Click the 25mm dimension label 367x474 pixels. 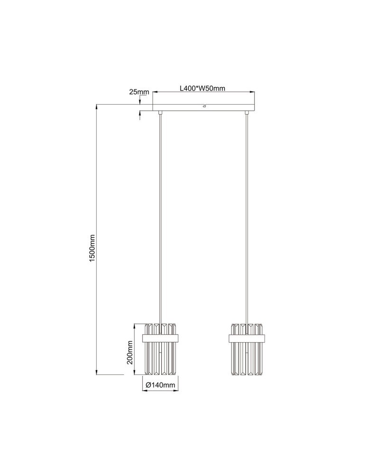click(139, 91)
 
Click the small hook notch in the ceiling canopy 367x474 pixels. click(204, 107)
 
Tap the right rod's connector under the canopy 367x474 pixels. click(247, 112)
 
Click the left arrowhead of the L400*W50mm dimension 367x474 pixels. click(155, 92)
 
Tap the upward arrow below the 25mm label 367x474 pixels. click(140, 114)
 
